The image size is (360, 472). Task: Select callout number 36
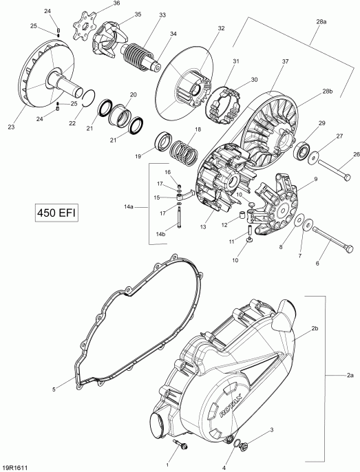point(116,3)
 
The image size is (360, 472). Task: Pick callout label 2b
point(315,329)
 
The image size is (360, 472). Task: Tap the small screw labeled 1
point(182,447)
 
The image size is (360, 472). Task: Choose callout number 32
point(220,28)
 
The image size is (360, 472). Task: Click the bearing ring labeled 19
point(166,142)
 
